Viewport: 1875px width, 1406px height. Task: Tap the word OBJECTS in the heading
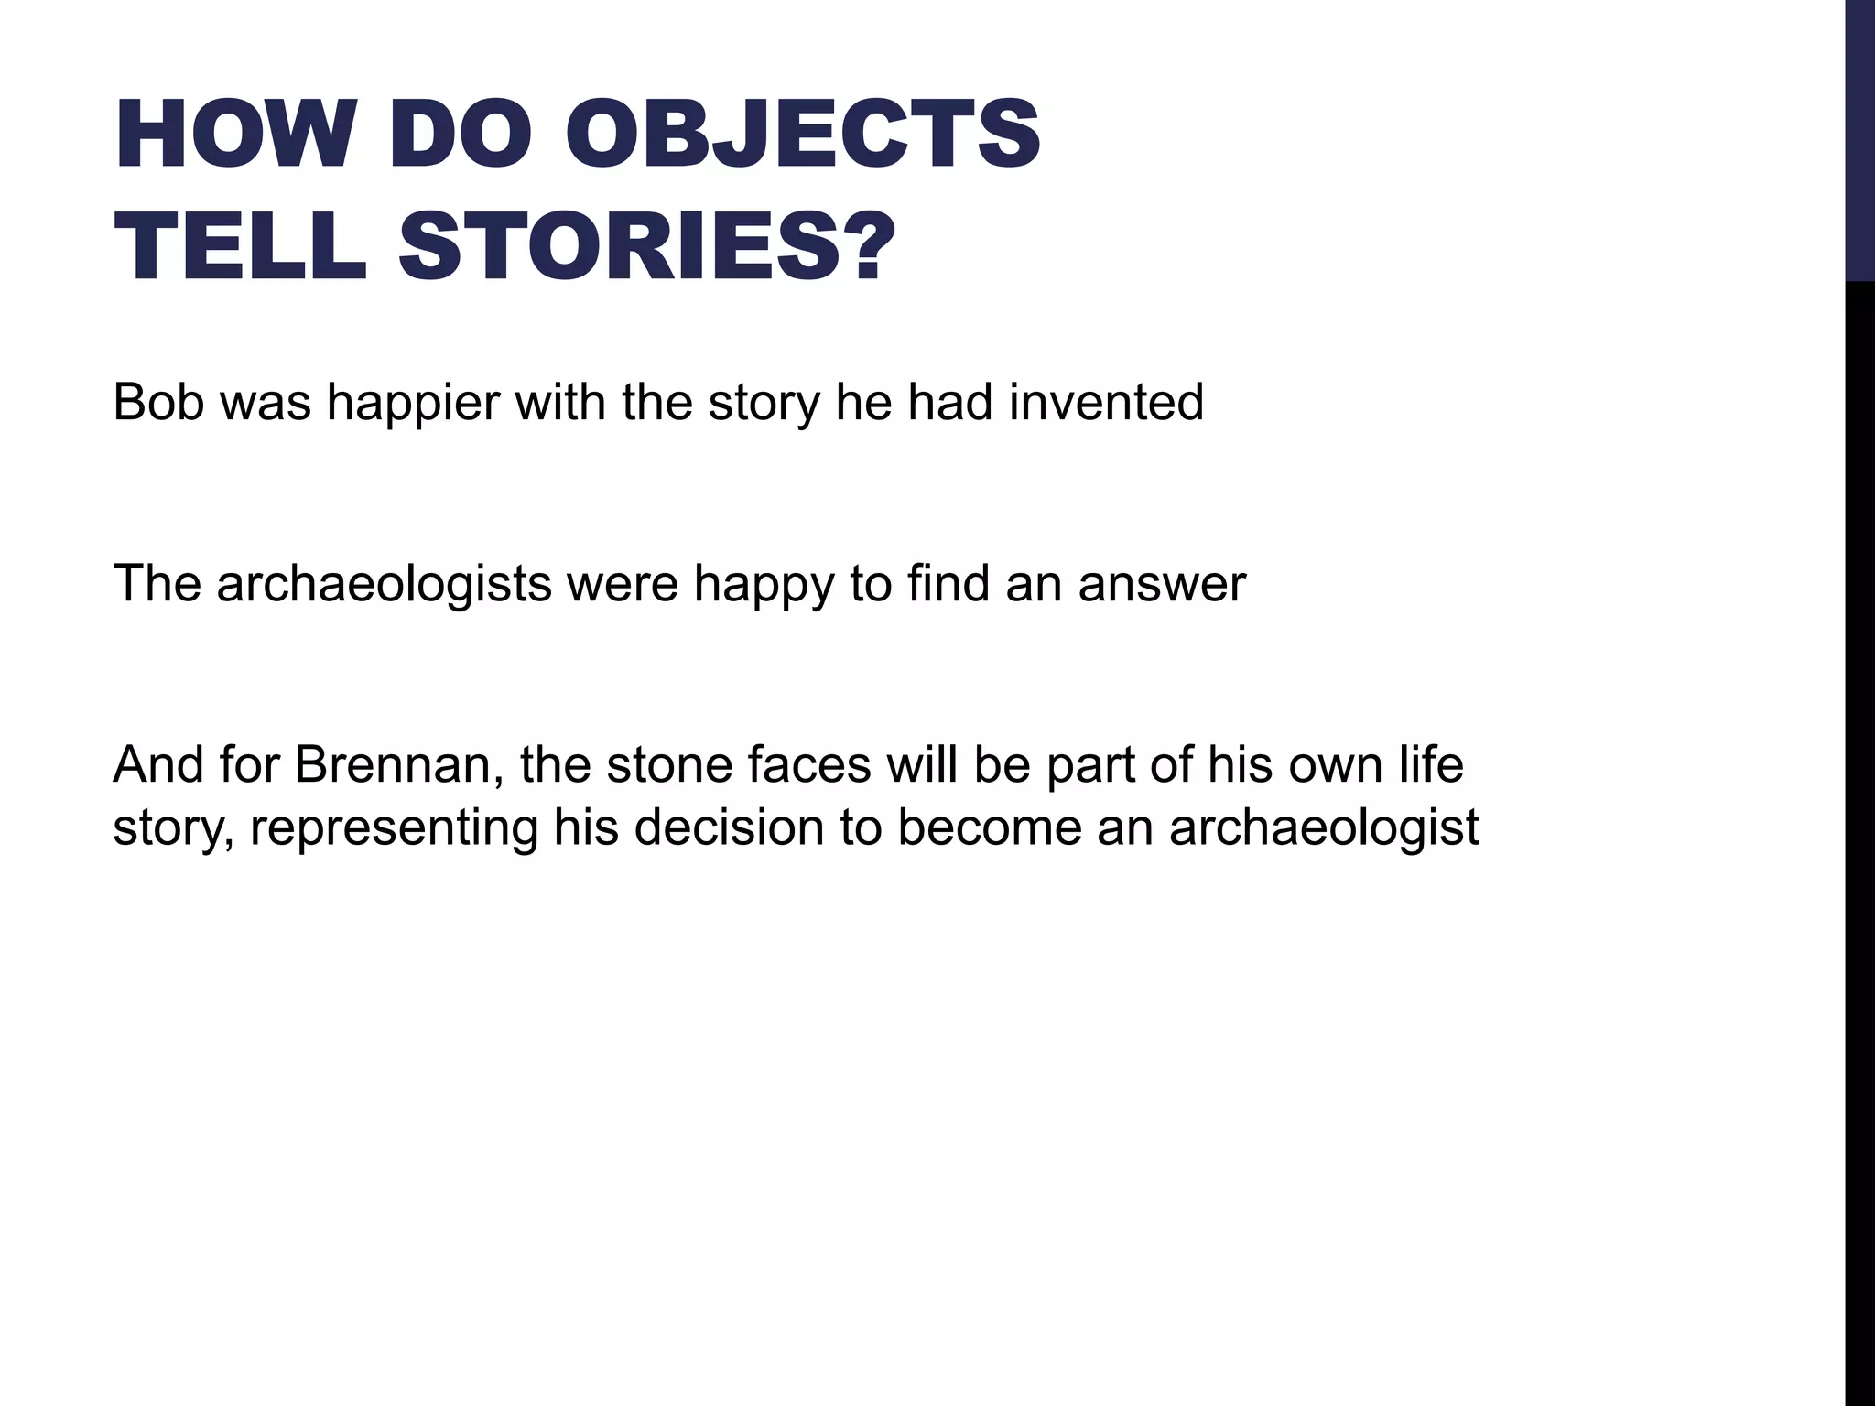pos(809,135)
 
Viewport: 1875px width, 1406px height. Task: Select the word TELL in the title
pos(240,247)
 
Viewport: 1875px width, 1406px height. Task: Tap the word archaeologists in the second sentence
pos(384,584)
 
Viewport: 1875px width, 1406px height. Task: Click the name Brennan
pos(398,765)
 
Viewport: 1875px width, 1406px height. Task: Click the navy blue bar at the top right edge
pos(1859,139)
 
